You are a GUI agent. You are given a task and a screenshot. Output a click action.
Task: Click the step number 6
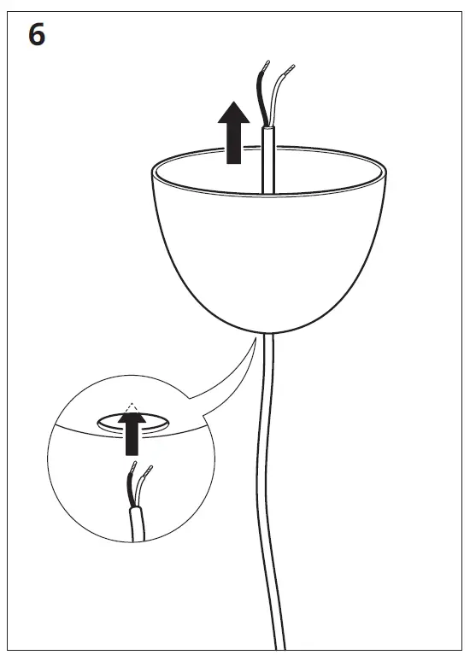(37, 37)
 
